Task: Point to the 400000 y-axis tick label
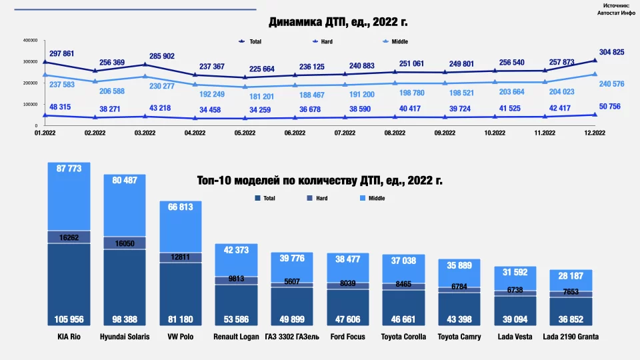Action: [29, 41]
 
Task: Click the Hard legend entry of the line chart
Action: [323, 41]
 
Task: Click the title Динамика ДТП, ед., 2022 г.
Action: [338, 22]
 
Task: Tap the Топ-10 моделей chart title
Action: [320, 180]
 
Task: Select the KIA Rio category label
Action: [69, 337]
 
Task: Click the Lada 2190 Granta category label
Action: [571, 337]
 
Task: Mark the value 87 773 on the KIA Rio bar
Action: [69, 169]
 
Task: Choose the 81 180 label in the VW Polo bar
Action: [180, 320]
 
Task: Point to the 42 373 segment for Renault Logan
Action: [236, 251]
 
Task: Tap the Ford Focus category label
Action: [348, 337]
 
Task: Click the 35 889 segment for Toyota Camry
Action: [459, 265]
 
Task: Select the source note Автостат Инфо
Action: [617, 13]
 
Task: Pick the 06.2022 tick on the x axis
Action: [295, 133]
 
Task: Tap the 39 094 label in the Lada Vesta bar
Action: [515, 320]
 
